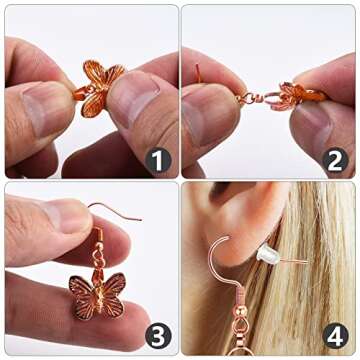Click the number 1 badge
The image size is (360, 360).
(x=158, y=161)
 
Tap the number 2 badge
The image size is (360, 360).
(x=335, y=161)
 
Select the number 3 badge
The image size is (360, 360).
(x=158, y=336)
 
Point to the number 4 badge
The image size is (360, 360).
(x=335, y=336)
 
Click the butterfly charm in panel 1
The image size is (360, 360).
(x=98, y=89)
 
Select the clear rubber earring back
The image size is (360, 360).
(x=269, y=254)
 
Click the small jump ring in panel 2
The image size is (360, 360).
(x=248, y=98)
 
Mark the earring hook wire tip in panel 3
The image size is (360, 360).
(x=141, y=219)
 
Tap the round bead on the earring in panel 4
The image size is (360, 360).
(x=241, y=311)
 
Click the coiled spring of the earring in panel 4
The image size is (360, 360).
(x=240, y=296)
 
